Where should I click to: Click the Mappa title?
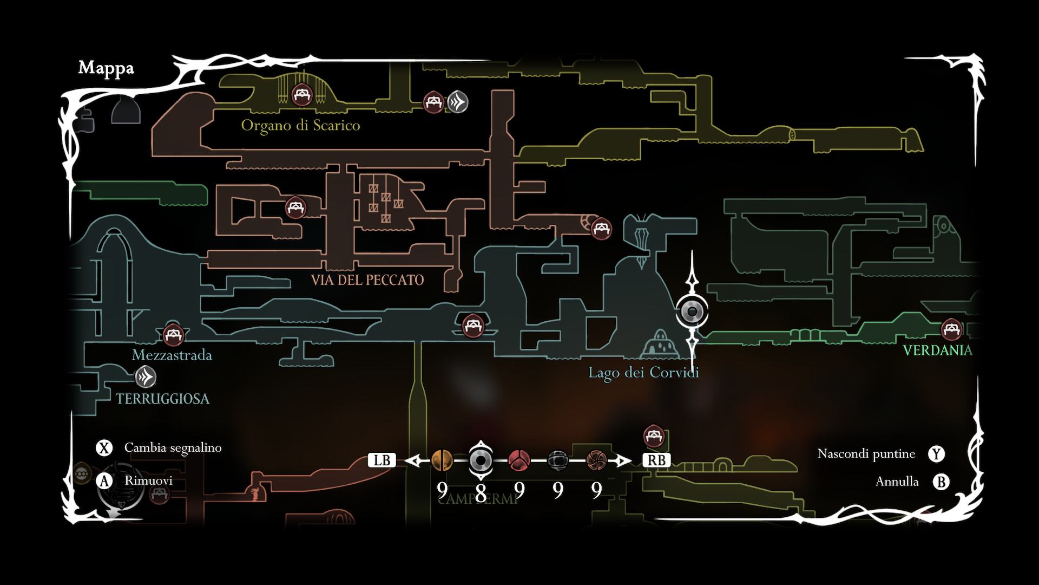tap(106, 68)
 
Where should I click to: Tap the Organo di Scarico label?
tap(300, 126)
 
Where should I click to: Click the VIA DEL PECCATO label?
tap(367, 280)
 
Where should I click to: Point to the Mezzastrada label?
tap(172, 355)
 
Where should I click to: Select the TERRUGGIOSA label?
tap(162, 399)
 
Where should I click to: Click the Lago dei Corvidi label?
tap(643, 373)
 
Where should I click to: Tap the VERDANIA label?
tap(937, 350)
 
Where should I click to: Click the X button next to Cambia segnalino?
tap(104, 448)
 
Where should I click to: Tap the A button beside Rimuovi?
tap(104, 481)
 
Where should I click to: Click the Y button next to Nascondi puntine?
tap(936, 454)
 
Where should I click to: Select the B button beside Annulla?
tap(941, 482)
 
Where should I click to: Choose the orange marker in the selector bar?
tap(442, 460)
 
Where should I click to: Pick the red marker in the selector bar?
tap(519, 460)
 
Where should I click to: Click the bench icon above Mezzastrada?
tap(173, 334)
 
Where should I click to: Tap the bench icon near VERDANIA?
tap(951, 329)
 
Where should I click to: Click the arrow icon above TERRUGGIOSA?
tap(145, 377)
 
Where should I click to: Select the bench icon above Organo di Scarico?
tap(301, 95)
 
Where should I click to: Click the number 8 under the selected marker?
tap(480, 492)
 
